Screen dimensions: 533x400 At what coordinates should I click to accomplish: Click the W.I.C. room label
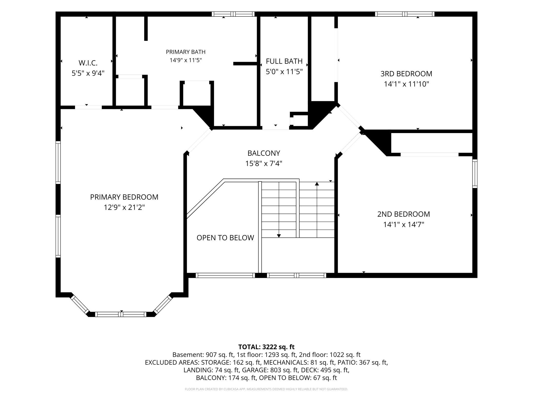click(88, 63)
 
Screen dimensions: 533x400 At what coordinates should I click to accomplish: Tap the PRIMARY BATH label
click(186, 52)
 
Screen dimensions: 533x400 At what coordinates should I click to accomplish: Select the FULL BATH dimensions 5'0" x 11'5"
click(284, 72)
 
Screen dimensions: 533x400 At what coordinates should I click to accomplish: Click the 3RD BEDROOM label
click(406, 74)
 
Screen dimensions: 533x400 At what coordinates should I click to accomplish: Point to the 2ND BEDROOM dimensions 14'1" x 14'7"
click(404, 225)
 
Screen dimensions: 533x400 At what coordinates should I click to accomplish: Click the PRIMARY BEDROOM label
click(124, 197)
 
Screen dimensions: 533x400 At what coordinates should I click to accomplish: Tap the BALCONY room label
click(264, 153)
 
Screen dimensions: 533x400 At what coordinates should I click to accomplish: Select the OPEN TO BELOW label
click(225, 238)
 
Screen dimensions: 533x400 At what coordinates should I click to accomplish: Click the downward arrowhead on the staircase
click(279, 236)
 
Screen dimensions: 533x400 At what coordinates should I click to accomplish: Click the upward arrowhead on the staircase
click(317, 184)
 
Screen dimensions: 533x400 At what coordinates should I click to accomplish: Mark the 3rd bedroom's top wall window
click(405, 14)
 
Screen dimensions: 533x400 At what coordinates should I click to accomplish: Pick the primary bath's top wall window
click(233, 14)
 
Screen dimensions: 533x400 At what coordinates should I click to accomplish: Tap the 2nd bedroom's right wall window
click(475, 174)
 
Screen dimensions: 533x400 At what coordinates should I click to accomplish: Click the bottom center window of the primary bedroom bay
click(121, 314)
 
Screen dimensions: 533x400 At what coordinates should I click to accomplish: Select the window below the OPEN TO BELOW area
click(225, 275)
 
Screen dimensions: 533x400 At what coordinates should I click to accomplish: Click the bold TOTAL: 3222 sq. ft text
click(266, 347)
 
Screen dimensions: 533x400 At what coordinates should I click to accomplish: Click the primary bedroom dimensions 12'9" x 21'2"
click(124, 207)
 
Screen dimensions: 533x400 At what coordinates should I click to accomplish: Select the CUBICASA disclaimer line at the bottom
click(266, 389)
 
